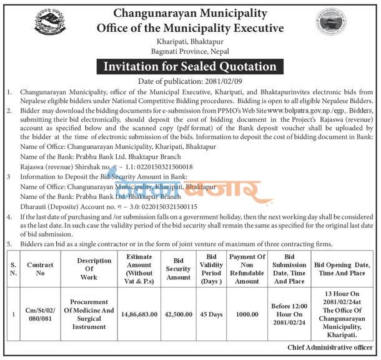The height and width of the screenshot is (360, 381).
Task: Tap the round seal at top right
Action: (330, 22)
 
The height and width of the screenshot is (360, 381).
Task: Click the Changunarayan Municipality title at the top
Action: (190, 12)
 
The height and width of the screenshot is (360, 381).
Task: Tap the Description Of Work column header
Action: (86, 269)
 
